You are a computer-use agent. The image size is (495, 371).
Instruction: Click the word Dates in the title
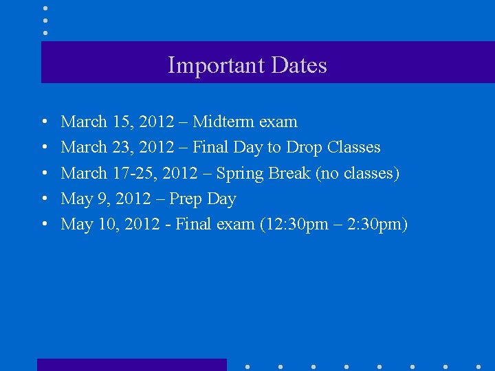click(299, 65)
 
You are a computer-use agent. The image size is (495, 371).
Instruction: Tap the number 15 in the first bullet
click(121, 122)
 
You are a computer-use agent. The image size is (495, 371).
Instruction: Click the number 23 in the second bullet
click(122, 147)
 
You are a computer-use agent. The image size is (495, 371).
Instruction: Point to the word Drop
click(305, 147)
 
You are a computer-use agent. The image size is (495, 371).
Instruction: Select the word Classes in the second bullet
click(354, 147)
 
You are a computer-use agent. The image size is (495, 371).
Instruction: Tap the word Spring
click(241, 173)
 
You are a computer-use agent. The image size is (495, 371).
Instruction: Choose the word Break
click(290, 173)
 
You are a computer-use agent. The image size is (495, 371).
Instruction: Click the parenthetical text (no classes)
click(357, 173)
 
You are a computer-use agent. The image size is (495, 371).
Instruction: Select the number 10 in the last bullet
click(106, 224)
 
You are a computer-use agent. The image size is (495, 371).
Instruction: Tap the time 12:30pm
click(294, 224)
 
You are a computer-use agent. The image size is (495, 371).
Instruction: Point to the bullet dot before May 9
click(44, 199)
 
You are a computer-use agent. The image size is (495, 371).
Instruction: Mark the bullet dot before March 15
click(44, 122)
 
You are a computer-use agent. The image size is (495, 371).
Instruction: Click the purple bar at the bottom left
click(131, 365)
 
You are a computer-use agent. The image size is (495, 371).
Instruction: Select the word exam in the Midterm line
click(278, 122)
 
